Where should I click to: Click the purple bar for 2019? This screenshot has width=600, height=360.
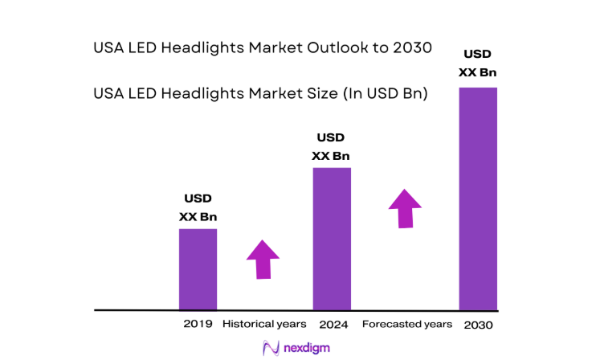[x=198, y=269]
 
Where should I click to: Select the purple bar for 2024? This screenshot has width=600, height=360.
[x=331, y=239]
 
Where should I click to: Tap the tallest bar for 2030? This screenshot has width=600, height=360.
[x=477, y=198]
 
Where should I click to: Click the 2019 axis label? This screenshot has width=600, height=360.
[x=198, y=325]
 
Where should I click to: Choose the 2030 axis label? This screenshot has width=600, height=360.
[x=477, y=325]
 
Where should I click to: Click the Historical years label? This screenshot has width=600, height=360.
[x=263, y=325]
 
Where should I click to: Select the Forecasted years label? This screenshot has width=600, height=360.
[x=406, y=325]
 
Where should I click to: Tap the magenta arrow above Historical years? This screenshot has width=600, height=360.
[x=262, y=259]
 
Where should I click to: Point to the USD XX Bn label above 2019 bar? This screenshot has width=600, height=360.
[x=198, y=207]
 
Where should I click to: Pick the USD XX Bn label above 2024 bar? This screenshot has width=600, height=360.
[x=331, y=146]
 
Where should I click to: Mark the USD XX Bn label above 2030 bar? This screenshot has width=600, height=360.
[x=477, y=63]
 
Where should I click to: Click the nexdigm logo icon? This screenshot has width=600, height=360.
[x=270, y=347]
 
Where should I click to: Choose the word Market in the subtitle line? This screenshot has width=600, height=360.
[x=271, y=94]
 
